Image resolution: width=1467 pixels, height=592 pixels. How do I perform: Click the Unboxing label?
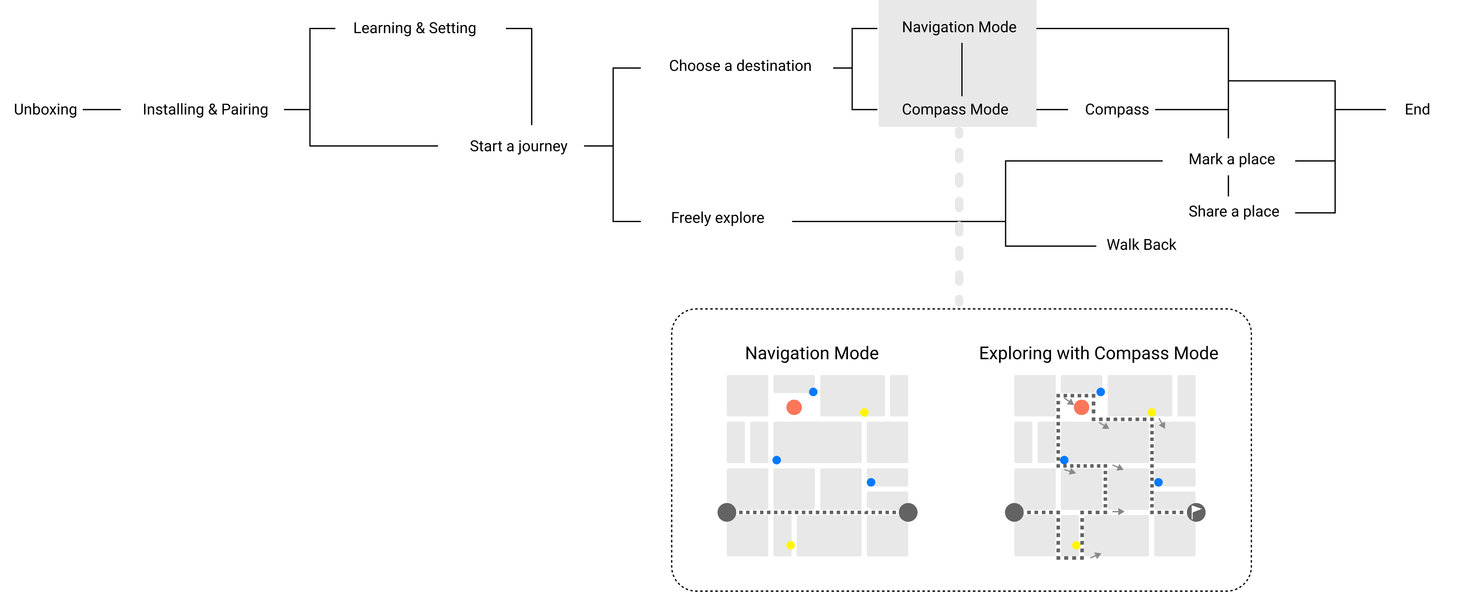46,109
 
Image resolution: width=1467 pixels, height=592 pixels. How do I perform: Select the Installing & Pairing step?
205,109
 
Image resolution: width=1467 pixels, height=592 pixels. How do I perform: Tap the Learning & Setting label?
414,28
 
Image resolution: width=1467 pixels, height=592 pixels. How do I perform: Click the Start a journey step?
518,146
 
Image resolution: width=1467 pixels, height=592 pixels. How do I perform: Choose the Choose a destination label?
740,66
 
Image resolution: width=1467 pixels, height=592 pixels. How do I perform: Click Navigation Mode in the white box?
959,27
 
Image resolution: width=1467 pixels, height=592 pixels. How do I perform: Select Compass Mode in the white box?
955,109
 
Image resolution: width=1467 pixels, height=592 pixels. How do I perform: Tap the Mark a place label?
1231,159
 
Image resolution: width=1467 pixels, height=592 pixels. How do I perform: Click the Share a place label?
1233,211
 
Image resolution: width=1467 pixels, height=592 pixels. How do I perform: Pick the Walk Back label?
1141,245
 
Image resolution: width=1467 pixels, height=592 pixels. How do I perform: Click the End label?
1417,109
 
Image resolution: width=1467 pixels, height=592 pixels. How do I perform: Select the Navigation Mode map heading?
812,353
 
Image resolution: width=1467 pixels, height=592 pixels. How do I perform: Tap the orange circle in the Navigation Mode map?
794,407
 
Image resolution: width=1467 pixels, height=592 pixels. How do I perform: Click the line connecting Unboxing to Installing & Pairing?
101,109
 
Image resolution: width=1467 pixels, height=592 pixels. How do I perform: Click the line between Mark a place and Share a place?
1228,186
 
